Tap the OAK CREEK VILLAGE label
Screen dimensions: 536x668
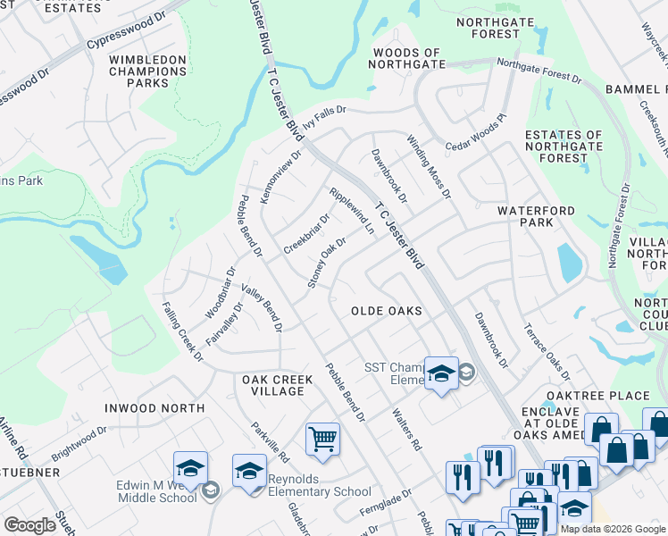point(278,385)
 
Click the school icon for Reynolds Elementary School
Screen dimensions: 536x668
point(250,470)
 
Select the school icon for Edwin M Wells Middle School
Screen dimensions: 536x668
point(190,467)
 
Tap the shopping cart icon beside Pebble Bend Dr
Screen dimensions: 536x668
point(322,439)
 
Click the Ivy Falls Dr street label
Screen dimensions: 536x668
point(323,119)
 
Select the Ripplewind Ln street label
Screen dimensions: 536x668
point(352,211)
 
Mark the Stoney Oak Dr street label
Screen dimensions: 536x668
point(327,263)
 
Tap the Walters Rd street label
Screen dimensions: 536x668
point(406,430)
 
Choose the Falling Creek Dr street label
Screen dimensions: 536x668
point(182,331)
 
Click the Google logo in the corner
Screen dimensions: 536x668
point(29,525)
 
